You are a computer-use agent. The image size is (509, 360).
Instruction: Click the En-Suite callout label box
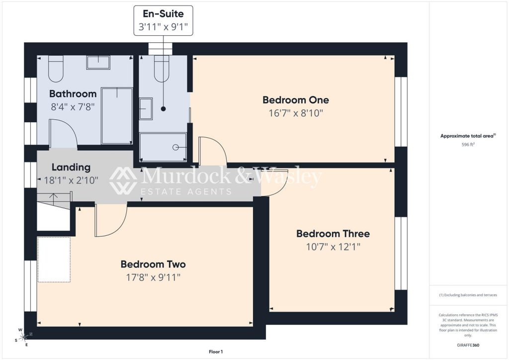[x=163, y=20]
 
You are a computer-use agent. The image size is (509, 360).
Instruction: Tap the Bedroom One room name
[x=296, y=100]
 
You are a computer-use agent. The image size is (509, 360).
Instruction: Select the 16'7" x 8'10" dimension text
[x=296, y=113]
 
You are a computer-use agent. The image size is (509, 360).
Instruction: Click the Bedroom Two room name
[x=153, y=264]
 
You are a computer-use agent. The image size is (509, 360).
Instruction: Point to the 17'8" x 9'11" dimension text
[x=153, y=277]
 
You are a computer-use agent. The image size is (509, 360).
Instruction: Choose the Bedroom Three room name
[x=333, y=234]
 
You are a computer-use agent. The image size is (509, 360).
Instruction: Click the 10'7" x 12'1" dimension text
[x=333, y=247]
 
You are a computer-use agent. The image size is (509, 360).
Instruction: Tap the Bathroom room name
[x=73, y=94]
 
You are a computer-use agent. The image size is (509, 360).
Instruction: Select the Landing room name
[x=71, y=168]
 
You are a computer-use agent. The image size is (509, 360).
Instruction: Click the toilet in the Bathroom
[x=56, y=69]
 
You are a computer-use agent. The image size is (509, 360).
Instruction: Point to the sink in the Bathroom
[x=98, y=62]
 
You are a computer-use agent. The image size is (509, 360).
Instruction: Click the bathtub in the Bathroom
[x=117, y=115]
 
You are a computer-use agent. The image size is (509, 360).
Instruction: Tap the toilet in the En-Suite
[x=162, y=69]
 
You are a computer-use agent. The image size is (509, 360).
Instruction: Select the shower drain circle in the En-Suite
[x=175, y=147]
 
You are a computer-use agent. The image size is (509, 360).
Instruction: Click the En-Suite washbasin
[x=146, y=109]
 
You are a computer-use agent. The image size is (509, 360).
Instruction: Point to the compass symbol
[x=23, y=338]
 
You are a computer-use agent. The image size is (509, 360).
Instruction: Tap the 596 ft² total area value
[x=468, y=145]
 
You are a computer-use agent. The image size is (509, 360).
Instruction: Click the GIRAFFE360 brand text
[x=468, y=345]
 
